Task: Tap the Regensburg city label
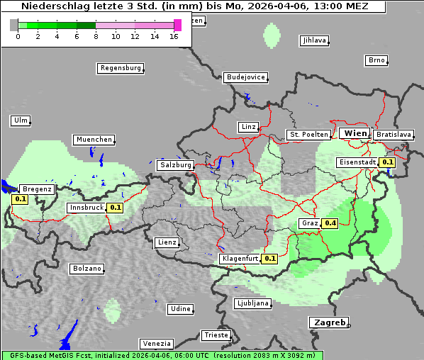(x=120, y=68)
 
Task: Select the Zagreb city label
(x=328, y=322)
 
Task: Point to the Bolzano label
(x=87, y=269)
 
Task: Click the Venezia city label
(x=155, y=344)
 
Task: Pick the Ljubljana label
(x=252, y=303)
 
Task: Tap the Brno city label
(x=376, y=60)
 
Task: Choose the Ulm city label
(x=20, y=120)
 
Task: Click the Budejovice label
(x=245, y=77)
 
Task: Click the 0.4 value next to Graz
(x=330, y=223)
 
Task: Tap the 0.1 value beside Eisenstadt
(x=387, y=162)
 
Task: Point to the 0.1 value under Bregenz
(x=21, y=199)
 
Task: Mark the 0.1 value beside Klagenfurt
(x=269, y=259)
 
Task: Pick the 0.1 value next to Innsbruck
(x=115, y=208)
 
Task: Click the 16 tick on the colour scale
(x=174, y=36)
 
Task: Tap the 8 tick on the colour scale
(x=96, y=36)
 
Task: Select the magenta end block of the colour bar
(x=177, y=25)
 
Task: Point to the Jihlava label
(x=314, y=40)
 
